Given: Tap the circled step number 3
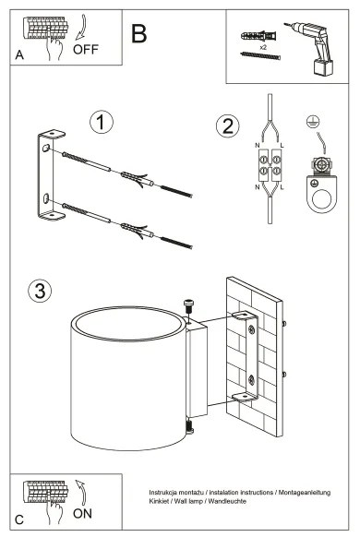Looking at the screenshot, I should [39, 291].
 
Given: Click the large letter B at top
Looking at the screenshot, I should [138, 35].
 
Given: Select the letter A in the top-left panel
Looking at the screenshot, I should [19, 55].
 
